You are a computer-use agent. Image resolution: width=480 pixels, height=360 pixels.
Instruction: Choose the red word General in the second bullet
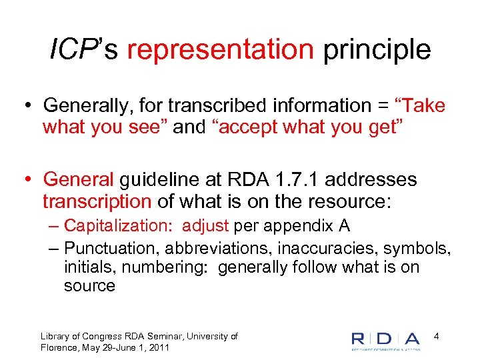(x=79, y=180)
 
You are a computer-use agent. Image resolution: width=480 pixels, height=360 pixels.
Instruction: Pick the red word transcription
(x=97, y=201)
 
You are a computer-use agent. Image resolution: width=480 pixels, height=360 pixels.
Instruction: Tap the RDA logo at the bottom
(x=386, y=339)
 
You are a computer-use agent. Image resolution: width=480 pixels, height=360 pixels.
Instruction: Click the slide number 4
(x=436, y=337)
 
